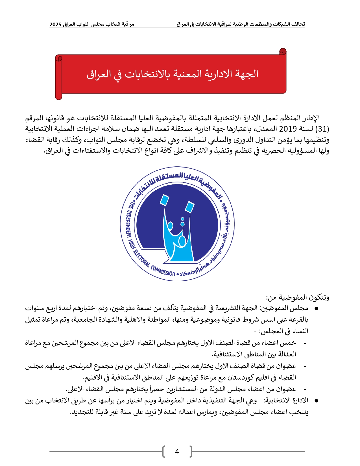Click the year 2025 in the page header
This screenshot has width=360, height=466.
click(x=55, y=25)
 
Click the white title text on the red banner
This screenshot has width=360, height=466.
click(x=173, y=74)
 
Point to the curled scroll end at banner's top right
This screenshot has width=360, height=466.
click(x=283, y=52)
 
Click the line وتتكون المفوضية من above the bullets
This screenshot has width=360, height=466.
click(x=295, y=297)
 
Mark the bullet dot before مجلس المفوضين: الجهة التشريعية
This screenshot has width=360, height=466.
click(x=317, y=308)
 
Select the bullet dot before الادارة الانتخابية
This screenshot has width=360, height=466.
click(x=317, y=401)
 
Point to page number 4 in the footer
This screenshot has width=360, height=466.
click(x=177, y=452)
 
